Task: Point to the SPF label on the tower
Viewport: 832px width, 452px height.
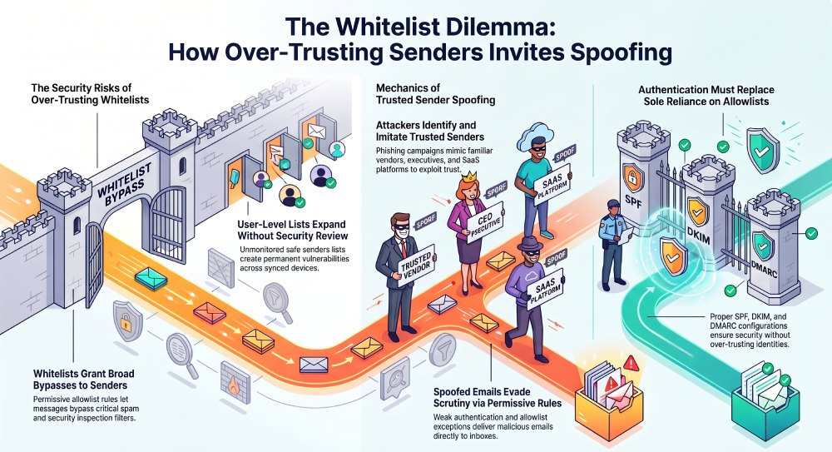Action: (633, 201)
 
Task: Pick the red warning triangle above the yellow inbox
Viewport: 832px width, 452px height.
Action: (631, 363)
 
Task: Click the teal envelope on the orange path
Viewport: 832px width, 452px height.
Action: (151, 278)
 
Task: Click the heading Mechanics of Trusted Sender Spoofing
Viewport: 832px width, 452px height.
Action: (436, 93)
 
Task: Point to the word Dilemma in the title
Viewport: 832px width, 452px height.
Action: (498, 27)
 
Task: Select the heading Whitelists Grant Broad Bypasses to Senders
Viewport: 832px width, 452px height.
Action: (84, 380)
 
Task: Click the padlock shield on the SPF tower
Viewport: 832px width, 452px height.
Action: (632, 177)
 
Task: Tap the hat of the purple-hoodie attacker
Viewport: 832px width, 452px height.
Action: (531, 243)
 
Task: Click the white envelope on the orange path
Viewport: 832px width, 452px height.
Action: (314, 365)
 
